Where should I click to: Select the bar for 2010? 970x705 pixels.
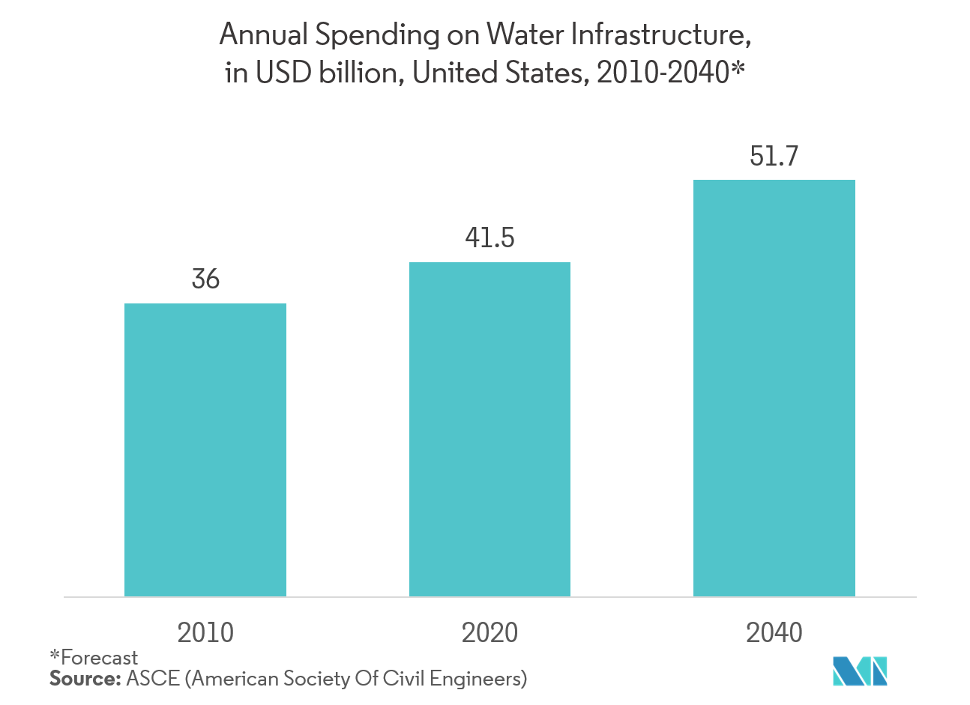[205, 450]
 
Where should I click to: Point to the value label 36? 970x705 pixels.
[205, 279]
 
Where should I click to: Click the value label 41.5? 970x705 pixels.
[489, 238]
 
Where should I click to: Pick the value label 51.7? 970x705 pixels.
[774, 156]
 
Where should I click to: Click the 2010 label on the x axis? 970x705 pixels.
[205, 633]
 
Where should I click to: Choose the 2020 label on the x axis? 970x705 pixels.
[489, 633]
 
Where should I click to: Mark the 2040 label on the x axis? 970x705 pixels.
[774, 633]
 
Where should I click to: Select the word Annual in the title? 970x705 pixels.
[263, 34]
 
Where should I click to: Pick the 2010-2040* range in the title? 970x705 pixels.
[670, 73]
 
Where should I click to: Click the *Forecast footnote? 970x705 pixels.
[94, 658]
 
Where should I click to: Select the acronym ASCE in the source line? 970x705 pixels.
[153, 679]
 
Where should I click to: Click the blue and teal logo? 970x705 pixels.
[860, 671]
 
